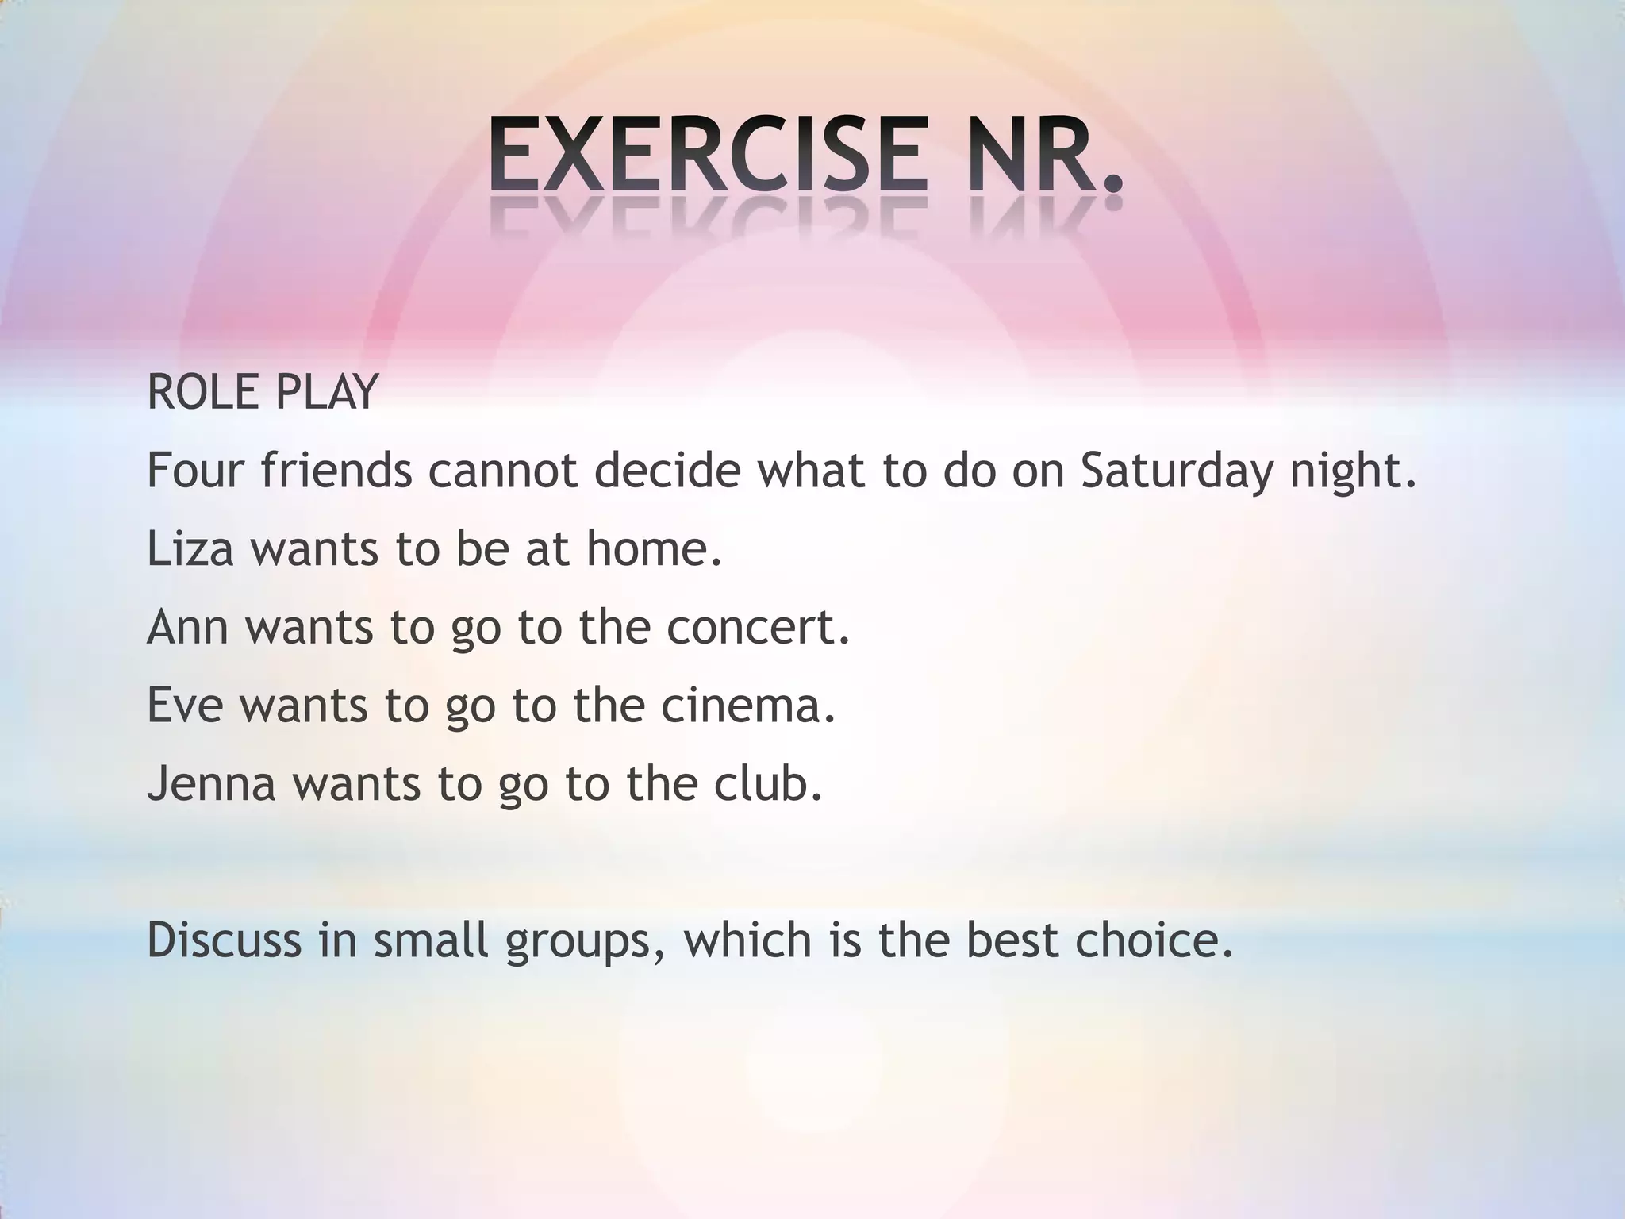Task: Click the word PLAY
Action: [325, 393]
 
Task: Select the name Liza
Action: [190, 548]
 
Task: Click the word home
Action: [654, 548]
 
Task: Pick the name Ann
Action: [188, 627]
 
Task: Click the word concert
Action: [759, 627]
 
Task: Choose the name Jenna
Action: [211, 783]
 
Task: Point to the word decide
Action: [667, 471]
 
